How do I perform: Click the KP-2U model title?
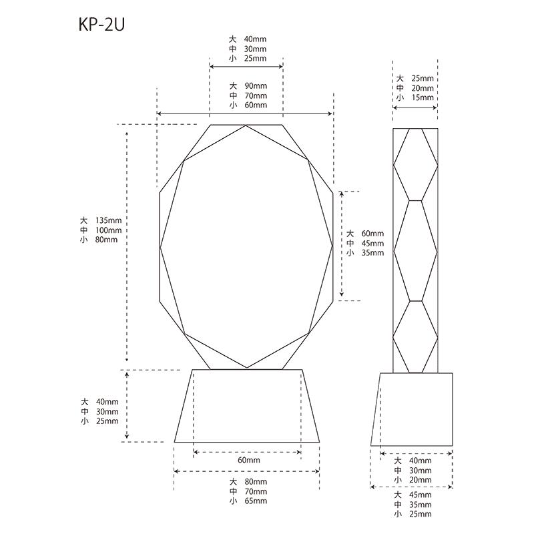[x=101, y=25]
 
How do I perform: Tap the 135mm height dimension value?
[x=108, y=220]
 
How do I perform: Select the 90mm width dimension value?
[x=256, y=86]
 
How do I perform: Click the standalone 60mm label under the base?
[x=248, y=460]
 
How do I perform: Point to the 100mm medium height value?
[x=108, y=230]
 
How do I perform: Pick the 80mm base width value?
[x=256, y=482]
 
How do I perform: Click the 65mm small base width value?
[x=256, y=501]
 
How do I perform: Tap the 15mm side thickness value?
[x=423, y=97]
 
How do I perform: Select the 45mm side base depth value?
[x=421, y=495]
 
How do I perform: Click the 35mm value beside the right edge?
[x=372, y=253]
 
